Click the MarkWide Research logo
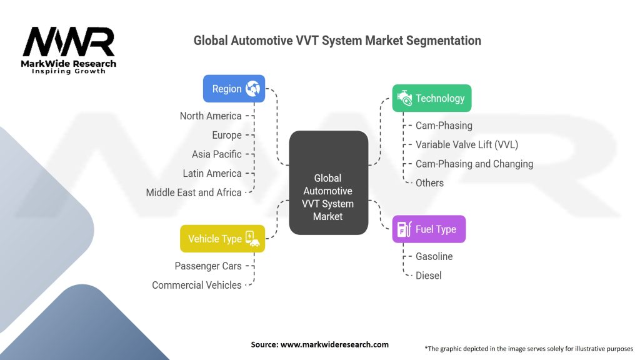(x=69, y=49)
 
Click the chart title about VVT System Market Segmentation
(x=337, y=41)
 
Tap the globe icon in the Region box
(x=252, y=89)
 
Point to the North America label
(x=210, y=116)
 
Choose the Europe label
(x=226, y=135)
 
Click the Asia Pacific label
(x=216, y=154)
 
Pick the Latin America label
(x=212, y=173)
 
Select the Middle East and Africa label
(x=194, y=192)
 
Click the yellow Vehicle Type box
(x=222, y=239)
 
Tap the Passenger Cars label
(x=207, y=266)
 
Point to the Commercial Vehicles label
(x=196, y=285)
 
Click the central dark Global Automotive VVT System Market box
(x=328, y=182)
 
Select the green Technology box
(x=431, y=98)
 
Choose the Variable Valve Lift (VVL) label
(x=467, y=144)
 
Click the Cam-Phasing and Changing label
(x=474, y=164)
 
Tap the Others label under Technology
(x=429, y=183)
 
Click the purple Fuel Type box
(x=429, y=229)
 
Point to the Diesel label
(x=429, y=276)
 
